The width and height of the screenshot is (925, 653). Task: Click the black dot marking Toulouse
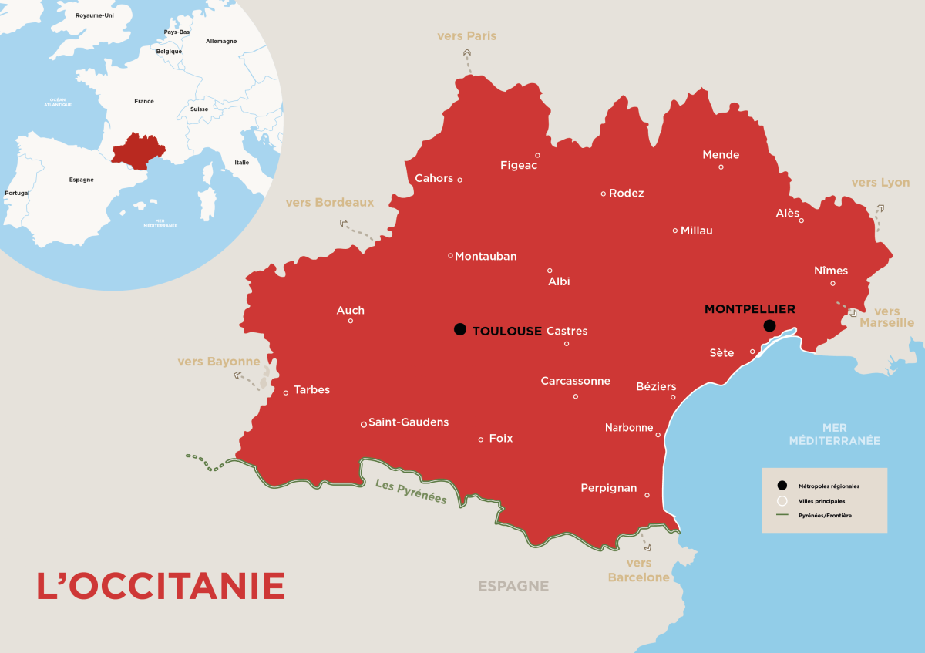pyautogui.click(x=460, y=329)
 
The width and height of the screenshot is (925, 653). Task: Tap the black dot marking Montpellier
pyautogui.click(x=769, y=326)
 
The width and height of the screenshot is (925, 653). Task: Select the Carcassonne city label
pyautogui.click(x=575, y=381)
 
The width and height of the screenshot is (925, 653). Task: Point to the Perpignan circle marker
pyautogui.click(x=647, y=495)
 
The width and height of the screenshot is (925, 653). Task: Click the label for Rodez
pyautogui.click(x=626, y=194)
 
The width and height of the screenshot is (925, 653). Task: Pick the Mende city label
pyautogui.click(x=721, y=155)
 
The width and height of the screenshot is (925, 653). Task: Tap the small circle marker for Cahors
pyautogui.click(x=460, y=180)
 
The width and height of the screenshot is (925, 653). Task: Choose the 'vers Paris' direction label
pyautogui.click(x=466, y=36)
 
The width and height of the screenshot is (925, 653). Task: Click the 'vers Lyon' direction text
pyautogui.click(x=880, y=183)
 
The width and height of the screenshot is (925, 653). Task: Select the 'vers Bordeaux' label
pyautogui.click(x=329, y=203)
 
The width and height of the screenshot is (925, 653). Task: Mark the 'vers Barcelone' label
pyautogui.click(x=639, y=571)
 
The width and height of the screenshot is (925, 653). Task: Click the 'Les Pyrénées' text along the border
pyautogui.click(x=411, y=491)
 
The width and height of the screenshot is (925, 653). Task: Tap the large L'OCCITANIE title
pyautogui.click(x=161, y=586)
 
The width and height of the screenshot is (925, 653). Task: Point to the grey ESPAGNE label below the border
pyautogui.click(x=513, y=586)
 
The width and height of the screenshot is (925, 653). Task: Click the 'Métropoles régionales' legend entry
pyautogui.click(x=829, y=486)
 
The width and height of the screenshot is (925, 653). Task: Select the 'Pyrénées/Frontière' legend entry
pyautogui.click(x=826, y=514)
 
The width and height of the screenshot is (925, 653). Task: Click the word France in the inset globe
pyautogui.click(x=144, y=101)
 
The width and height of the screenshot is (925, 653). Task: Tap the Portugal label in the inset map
pyautogui.click(x=17, y=193)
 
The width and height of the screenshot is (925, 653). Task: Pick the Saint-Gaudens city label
pyautogui.click(x=409, y=422)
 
